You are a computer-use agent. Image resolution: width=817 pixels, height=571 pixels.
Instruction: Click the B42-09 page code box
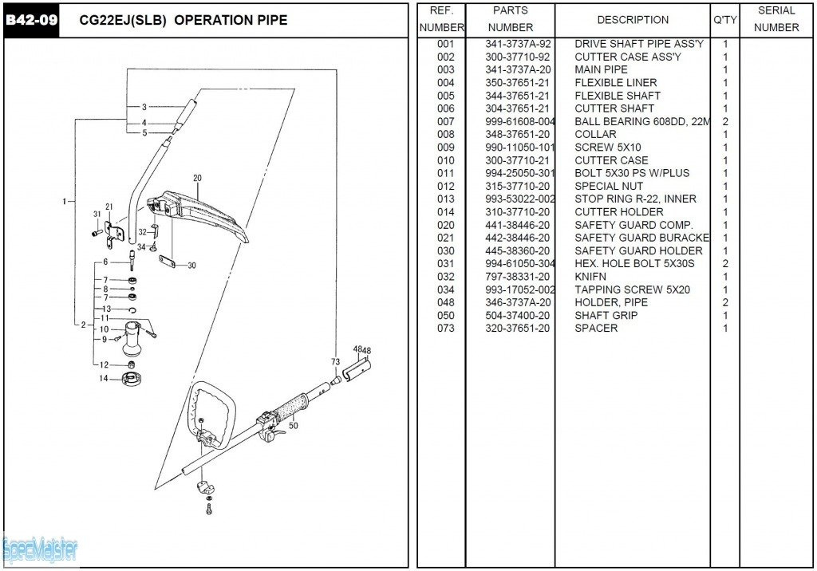pyautogui.click(x=31, y=20)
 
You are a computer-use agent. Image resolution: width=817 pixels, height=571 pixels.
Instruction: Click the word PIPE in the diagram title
pyautogui.click(x=268, y=21)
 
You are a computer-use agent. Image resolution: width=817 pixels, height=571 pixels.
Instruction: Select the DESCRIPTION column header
pyautogui.click(x=633, y=19)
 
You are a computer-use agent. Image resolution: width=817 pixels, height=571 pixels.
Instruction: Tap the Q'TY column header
pyautogui.click(x=724, y=19)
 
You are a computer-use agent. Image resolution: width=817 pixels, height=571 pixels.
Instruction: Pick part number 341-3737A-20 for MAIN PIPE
pyautogui.click(x=517, y=70)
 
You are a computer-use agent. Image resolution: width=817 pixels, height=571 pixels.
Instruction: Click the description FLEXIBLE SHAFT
pyautogui.click(x=617, y=96)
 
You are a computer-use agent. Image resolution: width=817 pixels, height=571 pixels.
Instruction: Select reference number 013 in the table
pyautogui.click(x=445, y=199)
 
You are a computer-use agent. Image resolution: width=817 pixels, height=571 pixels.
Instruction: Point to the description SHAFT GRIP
pyautogui.click(x=606, y=316)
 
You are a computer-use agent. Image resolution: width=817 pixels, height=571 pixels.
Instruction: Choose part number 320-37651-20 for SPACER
pyautogui.click(x=517, y=329)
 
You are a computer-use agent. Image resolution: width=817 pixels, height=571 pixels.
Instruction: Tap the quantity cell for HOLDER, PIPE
pyautogui.click(x=725, y=303)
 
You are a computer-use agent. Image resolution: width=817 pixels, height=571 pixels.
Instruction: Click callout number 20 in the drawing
pyautogui.click(x=197, y=178)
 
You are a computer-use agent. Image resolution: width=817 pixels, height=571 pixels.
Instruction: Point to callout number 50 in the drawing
pyautogui.click(x=293, y=427)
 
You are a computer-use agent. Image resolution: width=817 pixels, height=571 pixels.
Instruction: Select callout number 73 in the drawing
pyautogui.click(x=335, y=362)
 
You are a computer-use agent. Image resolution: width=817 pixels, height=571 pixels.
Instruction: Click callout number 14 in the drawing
pyautogui.click(x=103, y=378)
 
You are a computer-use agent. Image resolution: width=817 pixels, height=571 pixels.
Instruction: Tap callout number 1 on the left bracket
pyautogui.click(x=64, y=201)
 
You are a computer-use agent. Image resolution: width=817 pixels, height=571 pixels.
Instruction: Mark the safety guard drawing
pyautogui.click(x=199, y=211)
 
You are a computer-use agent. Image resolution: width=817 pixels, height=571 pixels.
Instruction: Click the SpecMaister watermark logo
pyautogui.click(x=40, y=549)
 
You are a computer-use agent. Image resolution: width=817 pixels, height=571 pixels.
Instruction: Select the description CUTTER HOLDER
pyautogui.click(x=618, y=212)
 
